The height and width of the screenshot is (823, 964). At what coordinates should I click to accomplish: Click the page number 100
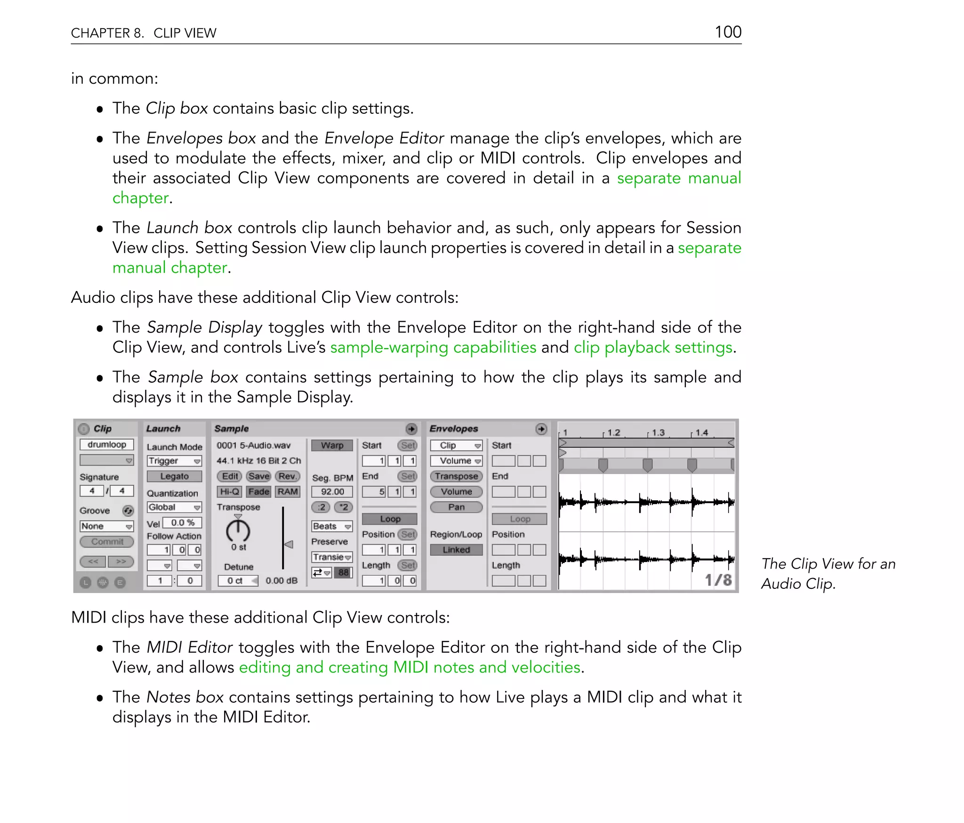tap(728, 32)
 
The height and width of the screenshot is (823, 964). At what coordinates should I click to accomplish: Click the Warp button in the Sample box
tap(332, 445)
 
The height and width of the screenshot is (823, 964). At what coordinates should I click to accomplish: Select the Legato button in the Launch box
tap(174, 476)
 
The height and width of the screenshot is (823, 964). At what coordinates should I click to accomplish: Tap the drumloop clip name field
tap(107, 444)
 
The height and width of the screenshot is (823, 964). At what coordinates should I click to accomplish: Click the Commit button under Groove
tap(107, 542)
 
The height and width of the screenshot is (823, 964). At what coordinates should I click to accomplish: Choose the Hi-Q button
tap(230, 492)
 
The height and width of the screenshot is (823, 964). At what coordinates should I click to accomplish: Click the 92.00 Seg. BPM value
tap(332, 492)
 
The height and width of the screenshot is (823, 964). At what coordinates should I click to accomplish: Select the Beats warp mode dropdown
tap(332, 526)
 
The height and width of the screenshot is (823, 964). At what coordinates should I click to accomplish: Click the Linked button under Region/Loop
tap(456, 550)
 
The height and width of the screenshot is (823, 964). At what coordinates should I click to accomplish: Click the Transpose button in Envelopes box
tap(456, 476)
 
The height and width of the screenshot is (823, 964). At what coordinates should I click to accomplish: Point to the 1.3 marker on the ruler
tap(658, 433)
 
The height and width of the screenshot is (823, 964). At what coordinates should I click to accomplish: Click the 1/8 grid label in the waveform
tap(718, 580)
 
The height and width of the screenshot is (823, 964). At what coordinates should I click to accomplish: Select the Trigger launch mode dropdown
tap(174, 461)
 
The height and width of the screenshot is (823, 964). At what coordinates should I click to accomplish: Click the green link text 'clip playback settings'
tap(653, 348)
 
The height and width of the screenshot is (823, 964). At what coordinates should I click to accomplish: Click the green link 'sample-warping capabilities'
tap(433, 348)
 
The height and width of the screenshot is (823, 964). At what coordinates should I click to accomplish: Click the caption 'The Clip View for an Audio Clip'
tap(827, 574)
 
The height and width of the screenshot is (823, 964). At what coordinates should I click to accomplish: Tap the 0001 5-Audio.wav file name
tap(254, 445)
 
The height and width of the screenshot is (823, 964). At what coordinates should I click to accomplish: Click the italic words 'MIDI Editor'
tap(190, 648)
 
